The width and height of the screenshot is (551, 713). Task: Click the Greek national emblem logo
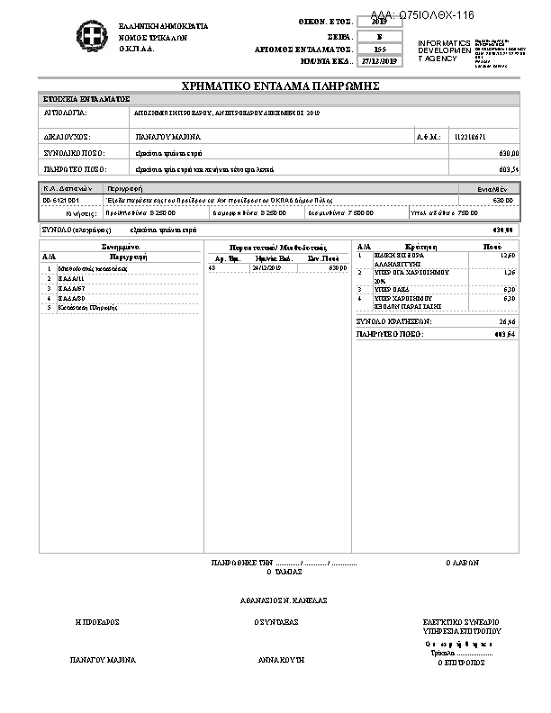tap(89, 39)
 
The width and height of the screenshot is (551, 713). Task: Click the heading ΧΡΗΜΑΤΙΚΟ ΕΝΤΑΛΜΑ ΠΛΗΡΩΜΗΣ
tap(280, 86)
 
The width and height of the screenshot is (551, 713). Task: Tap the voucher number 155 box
tap(379, 50)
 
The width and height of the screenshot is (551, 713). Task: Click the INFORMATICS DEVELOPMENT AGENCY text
tap(444, 50)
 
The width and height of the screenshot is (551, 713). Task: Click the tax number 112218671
tap(470, 137)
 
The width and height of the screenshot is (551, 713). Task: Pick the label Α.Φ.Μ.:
tap(426, 137)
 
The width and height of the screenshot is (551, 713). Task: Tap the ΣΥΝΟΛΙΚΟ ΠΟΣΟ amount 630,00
tap(509, 153)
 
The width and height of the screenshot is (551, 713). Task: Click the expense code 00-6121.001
tap(61, 200)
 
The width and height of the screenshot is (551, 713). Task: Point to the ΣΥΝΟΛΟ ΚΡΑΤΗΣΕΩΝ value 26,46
tap(507, 320)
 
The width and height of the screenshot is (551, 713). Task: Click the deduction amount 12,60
tap(508, 256)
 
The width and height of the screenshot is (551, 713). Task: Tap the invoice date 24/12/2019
tap(267, 267)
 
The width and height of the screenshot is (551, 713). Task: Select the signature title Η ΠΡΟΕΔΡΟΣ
tap(97, 622)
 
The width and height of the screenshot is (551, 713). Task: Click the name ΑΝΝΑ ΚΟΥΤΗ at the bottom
tap(282, 659)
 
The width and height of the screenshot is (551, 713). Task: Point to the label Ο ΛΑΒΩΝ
tap(462, 563)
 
